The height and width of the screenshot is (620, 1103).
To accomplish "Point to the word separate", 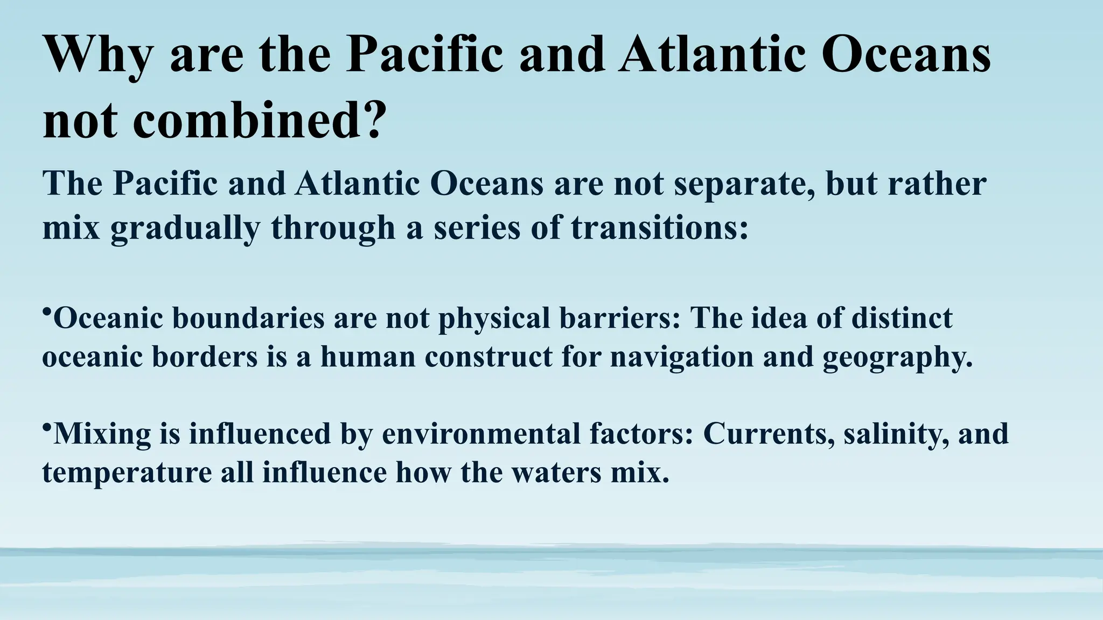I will tap(744, 184).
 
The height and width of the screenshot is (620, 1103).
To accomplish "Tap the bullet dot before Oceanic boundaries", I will tap(46, 312).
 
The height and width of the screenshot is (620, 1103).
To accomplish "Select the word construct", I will tap(488, 357).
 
